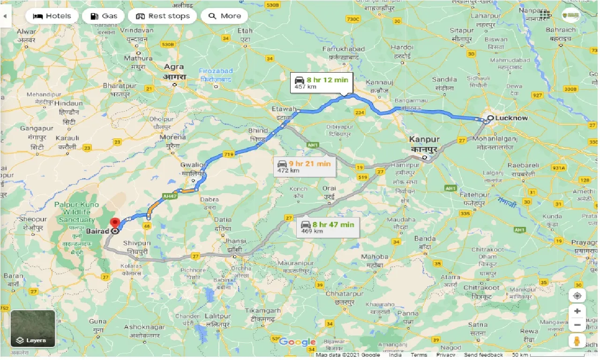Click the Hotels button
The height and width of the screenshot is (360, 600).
point(52,16)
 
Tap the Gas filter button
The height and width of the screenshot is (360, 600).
point(103,16)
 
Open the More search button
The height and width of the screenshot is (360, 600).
point(224,16)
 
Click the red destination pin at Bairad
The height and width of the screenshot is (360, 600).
point(114,224)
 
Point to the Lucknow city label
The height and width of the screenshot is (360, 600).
point(511,118)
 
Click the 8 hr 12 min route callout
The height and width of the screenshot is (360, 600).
point(321,83)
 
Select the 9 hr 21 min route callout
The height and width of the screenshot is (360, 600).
point(304,166)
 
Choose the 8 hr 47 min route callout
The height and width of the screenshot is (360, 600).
point(328,227)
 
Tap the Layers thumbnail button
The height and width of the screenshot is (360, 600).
point(32,328)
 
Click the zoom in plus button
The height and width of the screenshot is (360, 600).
point(577,311)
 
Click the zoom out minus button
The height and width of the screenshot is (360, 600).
point(577,325)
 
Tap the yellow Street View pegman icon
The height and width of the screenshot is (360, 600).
point(577,341)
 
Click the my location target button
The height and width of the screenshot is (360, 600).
point(577,296)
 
